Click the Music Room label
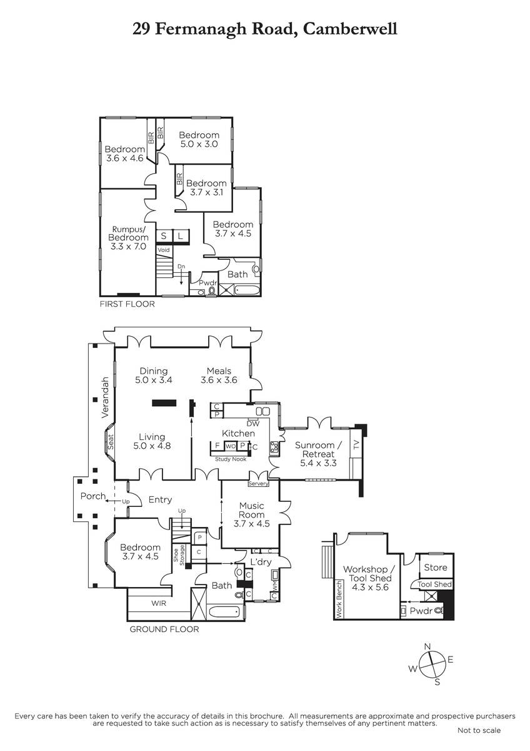point(251,510)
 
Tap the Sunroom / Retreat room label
point(318,449)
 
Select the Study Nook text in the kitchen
point(231,459)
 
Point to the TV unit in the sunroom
point(356,445)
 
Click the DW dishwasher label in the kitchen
point(254,424)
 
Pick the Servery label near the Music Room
point(258,483)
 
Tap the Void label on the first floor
point(164,250)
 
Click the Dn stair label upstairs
point(181,266)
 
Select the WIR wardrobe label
point(159,603)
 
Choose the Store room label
point(435,567)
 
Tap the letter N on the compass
point(427,646)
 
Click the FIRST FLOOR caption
point(127,304)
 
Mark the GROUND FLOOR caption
point(164,630)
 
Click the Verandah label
point(105,397)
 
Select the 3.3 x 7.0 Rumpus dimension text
point(128,247)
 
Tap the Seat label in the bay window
point(111,442)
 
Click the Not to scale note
point(479,730)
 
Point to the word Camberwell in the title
point(350,29)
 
